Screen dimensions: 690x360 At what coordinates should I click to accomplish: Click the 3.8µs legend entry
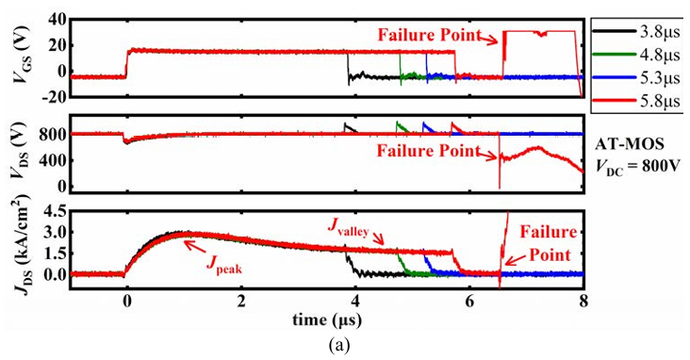(x=635, y=32)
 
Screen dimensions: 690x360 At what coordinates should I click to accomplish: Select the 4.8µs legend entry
(x=635, y=55)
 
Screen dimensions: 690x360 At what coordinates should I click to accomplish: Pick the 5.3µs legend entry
(x=635, y=77)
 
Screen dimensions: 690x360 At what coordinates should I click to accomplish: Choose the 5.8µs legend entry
(x=635, y=101)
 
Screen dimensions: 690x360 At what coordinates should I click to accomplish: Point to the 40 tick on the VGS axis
(x=57, y=20)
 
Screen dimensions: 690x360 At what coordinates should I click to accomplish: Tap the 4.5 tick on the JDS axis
(x=55, y=212)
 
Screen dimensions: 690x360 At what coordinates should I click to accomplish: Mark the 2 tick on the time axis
(x=240, y=303)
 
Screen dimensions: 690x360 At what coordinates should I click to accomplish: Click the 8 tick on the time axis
(x=583, y=303)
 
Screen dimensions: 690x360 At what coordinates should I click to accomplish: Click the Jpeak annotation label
(x=224, y=265)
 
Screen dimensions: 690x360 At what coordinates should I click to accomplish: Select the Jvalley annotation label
(x=348, y=228)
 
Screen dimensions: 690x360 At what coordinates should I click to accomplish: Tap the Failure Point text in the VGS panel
(x=430, y=35)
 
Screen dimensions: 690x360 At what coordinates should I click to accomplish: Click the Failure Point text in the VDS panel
(x=428, y=151)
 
